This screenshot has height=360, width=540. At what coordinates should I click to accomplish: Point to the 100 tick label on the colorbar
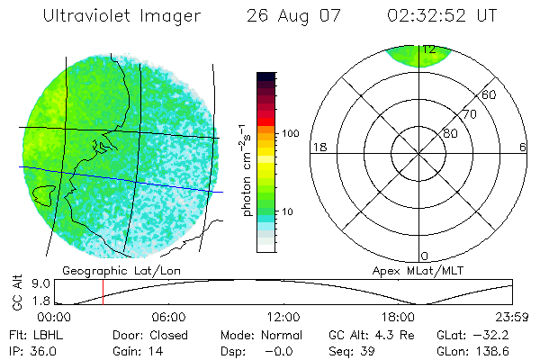click(x=290, y=133)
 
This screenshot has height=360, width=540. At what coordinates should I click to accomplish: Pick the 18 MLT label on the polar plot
click(x=317, y=147)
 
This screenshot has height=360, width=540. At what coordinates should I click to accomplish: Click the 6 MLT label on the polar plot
click(x=522, y=147)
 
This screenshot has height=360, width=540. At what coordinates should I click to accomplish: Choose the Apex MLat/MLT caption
click(x=410, y=270)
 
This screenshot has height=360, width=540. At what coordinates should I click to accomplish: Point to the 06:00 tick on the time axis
click(x=168, y=317)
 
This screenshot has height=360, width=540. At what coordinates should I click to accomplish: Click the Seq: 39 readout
click(x=349, y=350)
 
